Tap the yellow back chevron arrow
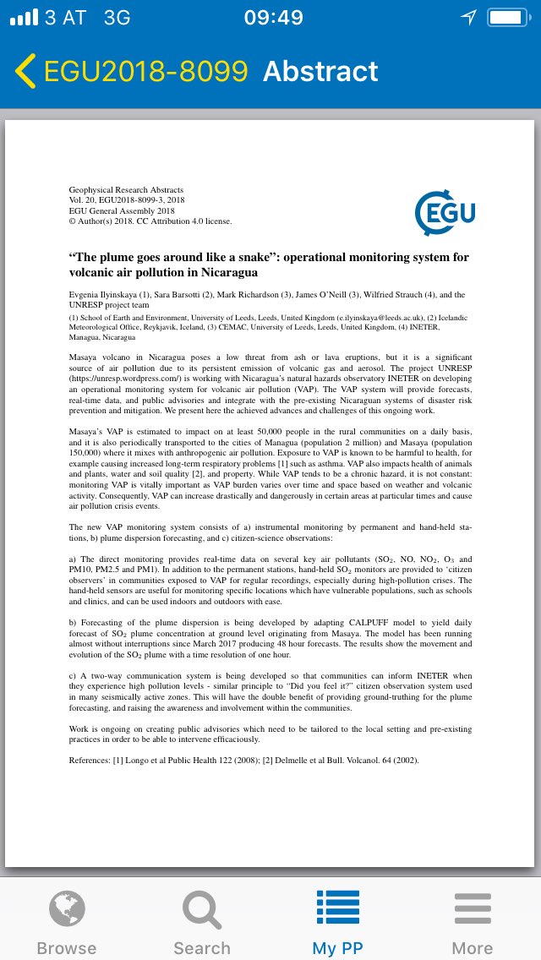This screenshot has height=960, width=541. (25, 72)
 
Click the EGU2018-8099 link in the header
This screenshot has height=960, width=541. (145, 72)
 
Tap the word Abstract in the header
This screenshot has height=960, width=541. (320, 72)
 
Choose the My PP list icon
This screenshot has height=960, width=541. (337, 909)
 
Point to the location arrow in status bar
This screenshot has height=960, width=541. (468, 18)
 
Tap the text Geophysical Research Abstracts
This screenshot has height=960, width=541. (126, 190)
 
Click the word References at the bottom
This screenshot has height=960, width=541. (89, 760)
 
